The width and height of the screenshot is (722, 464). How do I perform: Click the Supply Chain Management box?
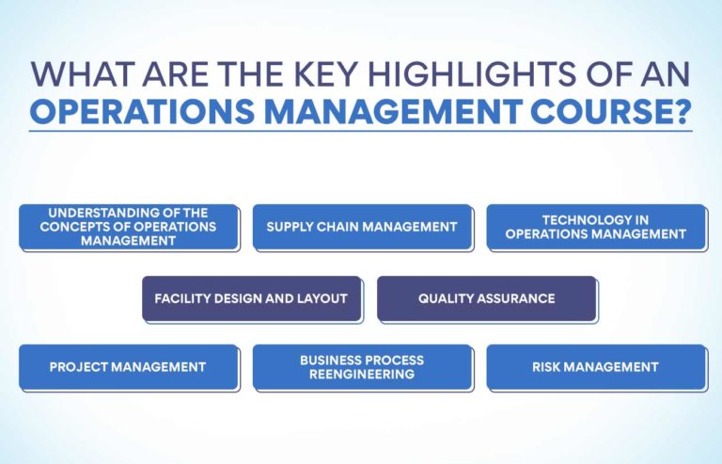click(362, 227)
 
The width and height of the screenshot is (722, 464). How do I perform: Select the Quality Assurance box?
click(486, 298)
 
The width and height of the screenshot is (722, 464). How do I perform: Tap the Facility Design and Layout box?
click(251, 298)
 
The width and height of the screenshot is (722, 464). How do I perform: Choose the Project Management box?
click(128, 367)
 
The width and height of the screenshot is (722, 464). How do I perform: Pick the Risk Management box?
click(595, 367)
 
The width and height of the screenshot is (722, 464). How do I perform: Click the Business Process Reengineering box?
click(362, 367)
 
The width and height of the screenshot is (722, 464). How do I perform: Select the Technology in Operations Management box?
click(595, 227)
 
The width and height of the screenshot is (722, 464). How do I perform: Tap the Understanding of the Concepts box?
click(128, 227)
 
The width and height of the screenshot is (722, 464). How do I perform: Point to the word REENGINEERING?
click(362, 375)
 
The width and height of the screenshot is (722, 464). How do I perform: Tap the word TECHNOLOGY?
click(595, 219)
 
